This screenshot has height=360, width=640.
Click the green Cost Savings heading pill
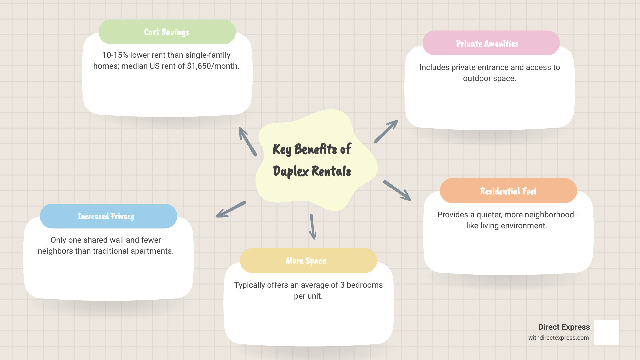[167, 32]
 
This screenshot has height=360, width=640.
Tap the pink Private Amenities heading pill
[491, 43]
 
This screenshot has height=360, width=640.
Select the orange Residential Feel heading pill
[508, 191]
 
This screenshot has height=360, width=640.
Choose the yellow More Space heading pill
[308, 261]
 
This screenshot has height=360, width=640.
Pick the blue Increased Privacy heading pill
[108, 216]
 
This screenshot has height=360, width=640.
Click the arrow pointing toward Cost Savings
[247, 141]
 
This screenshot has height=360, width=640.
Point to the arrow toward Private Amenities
[386, 131]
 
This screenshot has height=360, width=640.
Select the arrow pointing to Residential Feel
[397, 191]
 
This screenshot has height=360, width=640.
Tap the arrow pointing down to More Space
[313, 227]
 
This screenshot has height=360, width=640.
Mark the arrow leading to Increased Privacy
[231, 210]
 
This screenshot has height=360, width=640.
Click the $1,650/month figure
[212, 66]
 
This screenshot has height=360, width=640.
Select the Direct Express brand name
[564, 327]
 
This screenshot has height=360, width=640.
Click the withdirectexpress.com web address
[558, 338]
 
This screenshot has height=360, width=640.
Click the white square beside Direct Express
[606, 332]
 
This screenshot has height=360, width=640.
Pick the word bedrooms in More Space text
[364, 285]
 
